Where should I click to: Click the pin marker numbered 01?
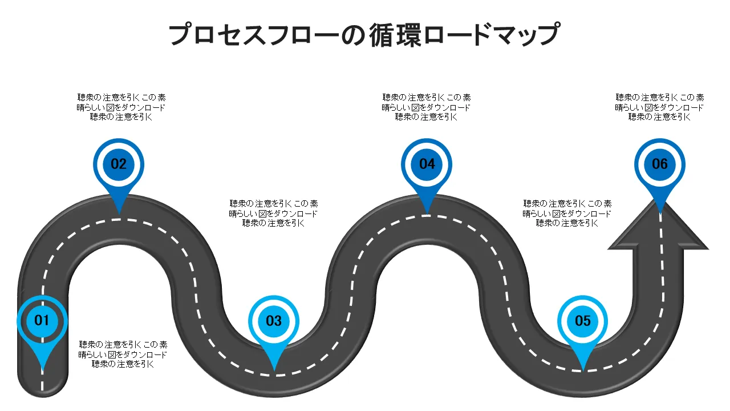point(42,321)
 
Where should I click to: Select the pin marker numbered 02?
point(119,164)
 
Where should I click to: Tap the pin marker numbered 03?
point(274,321)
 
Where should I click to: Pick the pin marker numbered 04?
point(427,164)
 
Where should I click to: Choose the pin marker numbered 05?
point(583,321)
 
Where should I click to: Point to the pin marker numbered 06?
point(660,164)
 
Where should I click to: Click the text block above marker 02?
point(121,107)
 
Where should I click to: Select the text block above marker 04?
point(427,107)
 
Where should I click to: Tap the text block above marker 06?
point(660,107)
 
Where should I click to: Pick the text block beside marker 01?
point(123,354)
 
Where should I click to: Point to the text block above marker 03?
point(274,213)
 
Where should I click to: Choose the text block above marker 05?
point(567,213)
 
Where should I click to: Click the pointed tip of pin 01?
point(42,372)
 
